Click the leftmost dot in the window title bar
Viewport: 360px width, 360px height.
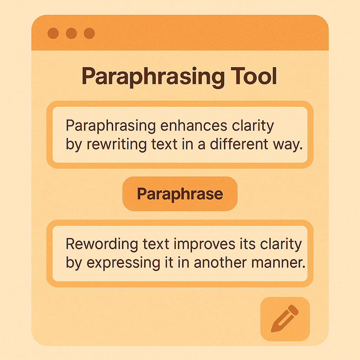point(53,33)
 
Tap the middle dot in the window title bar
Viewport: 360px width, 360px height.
point(71,33)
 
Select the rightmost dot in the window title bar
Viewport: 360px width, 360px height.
point(89,33)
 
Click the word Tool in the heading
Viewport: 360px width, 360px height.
point(254,76)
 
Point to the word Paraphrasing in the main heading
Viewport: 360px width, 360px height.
point(153,77)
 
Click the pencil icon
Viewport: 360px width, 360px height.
point(285,319)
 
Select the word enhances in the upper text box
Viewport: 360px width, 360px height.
point(194,126)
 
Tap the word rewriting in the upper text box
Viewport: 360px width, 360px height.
point(116,144)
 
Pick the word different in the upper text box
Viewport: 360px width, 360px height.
point(239,144)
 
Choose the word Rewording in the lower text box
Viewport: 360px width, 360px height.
point(102,244)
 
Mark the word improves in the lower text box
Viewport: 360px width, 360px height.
point(204,245)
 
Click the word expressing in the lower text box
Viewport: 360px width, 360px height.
point(123,263)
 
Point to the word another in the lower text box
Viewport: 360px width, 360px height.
point(220,263)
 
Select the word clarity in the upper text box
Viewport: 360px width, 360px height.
point(253,126)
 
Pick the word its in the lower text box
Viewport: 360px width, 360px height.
point(247,244)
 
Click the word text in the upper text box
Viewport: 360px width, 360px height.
point(164,144)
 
